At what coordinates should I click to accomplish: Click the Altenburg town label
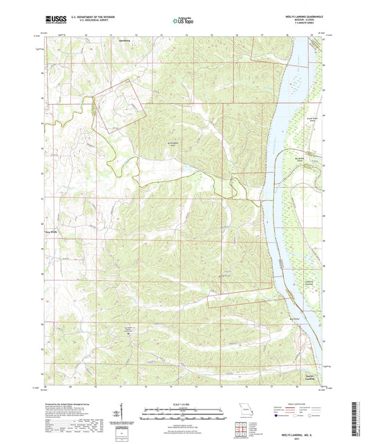point(106,41)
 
